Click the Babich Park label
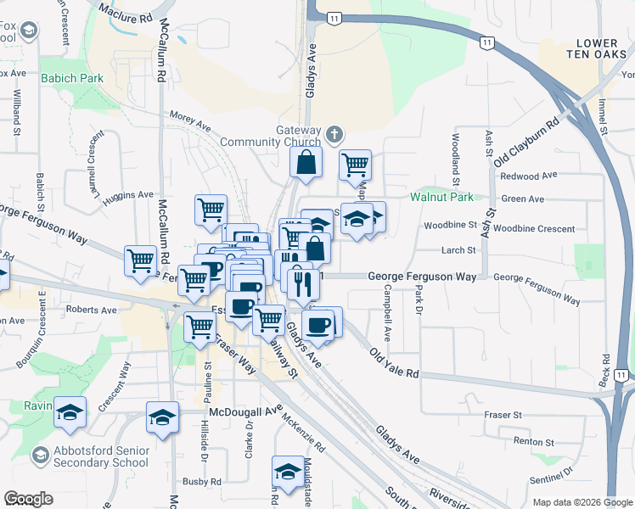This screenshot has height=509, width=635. [71, 78]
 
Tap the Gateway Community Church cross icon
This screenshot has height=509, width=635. [335, 134]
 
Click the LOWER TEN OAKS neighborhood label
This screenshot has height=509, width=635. [600, 49]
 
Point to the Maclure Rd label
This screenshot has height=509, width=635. [126, 11]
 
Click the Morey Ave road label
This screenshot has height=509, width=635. [189, 122]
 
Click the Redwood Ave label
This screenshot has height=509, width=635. [528, 176]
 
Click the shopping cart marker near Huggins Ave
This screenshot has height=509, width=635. [211, 209]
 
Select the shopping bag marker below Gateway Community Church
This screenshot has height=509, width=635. [306, 162]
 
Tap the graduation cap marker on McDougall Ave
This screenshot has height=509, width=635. [162, 417]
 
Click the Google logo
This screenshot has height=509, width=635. [29, 499]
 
